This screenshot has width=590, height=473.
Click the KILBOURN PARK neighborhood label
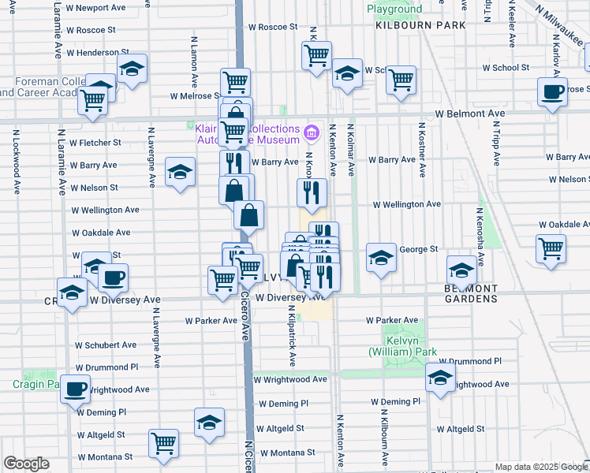420,25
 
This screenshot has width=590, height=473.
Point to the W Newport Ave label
96,7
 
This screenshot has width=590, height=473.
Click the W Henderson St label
92,53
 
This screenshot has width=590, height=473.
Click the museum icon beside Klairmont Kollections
311,131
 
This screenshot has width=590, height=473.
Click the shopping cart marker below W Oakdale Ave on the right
551,248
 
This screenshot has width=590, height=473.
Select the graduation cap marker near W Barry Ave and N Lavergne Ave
180,172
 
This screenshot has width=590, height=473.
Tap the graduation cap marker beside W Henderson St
133,69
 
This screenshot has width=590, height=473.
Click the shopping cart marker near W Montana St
163,443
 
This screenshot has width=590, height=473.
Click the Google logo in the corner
26,464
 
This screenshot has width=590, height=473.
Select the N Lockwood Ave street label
17,166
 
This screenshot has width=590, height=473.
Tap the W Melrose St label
197,96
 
